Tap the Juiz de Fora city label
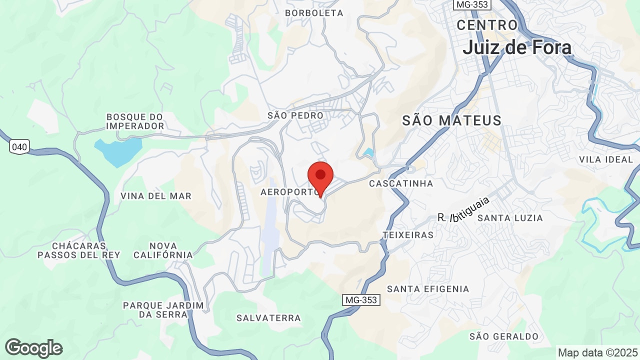click(517, 47)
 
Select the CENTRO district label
click(487, 25)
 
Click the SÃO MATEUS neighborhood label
click(452, 120)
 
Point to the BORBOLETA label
click(314, 13)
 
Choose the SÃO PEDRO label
click(295, 115)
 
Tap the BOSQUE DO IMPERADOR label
click(135, 121)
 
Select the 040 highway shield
click(19, 146)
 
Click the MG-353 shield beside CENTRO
click(472, 4)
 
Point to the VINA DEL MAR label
click(156, 196)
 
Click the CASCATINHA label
click(401, 183)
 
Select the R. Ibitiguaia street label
click(463, 210)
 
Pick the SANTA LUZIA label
click(510, 218)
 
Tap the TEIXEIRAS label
click(408, 235)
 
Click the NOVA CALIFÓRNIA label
click(163, 250)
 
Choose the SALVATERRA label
click(268, 318)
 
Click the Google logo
click(33, 348)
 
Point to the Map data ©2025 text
click(597, 352)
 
